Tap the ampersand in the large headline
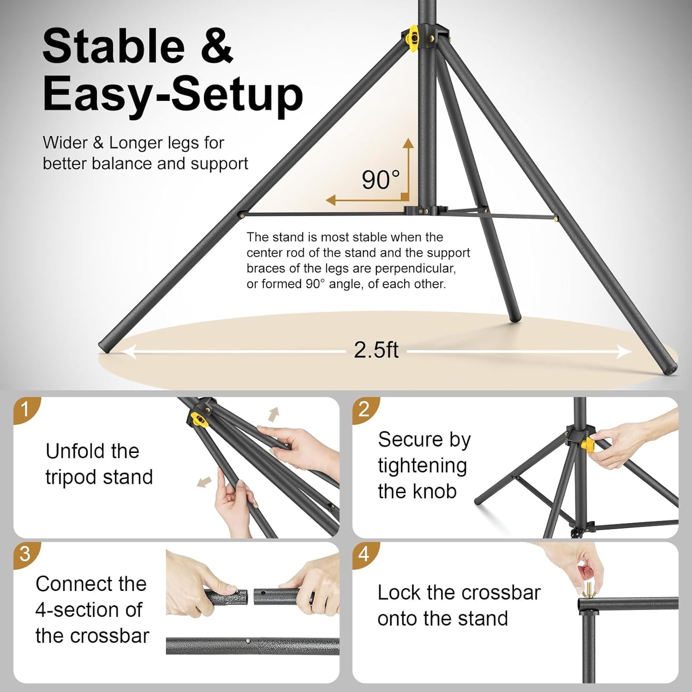217,46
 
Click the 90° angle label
380,180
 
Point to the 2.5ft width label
376,350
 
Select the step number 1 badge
25,409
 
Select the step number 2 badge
364,409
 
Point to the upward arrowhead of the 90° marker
408,143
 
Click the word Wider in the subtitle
65,143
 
